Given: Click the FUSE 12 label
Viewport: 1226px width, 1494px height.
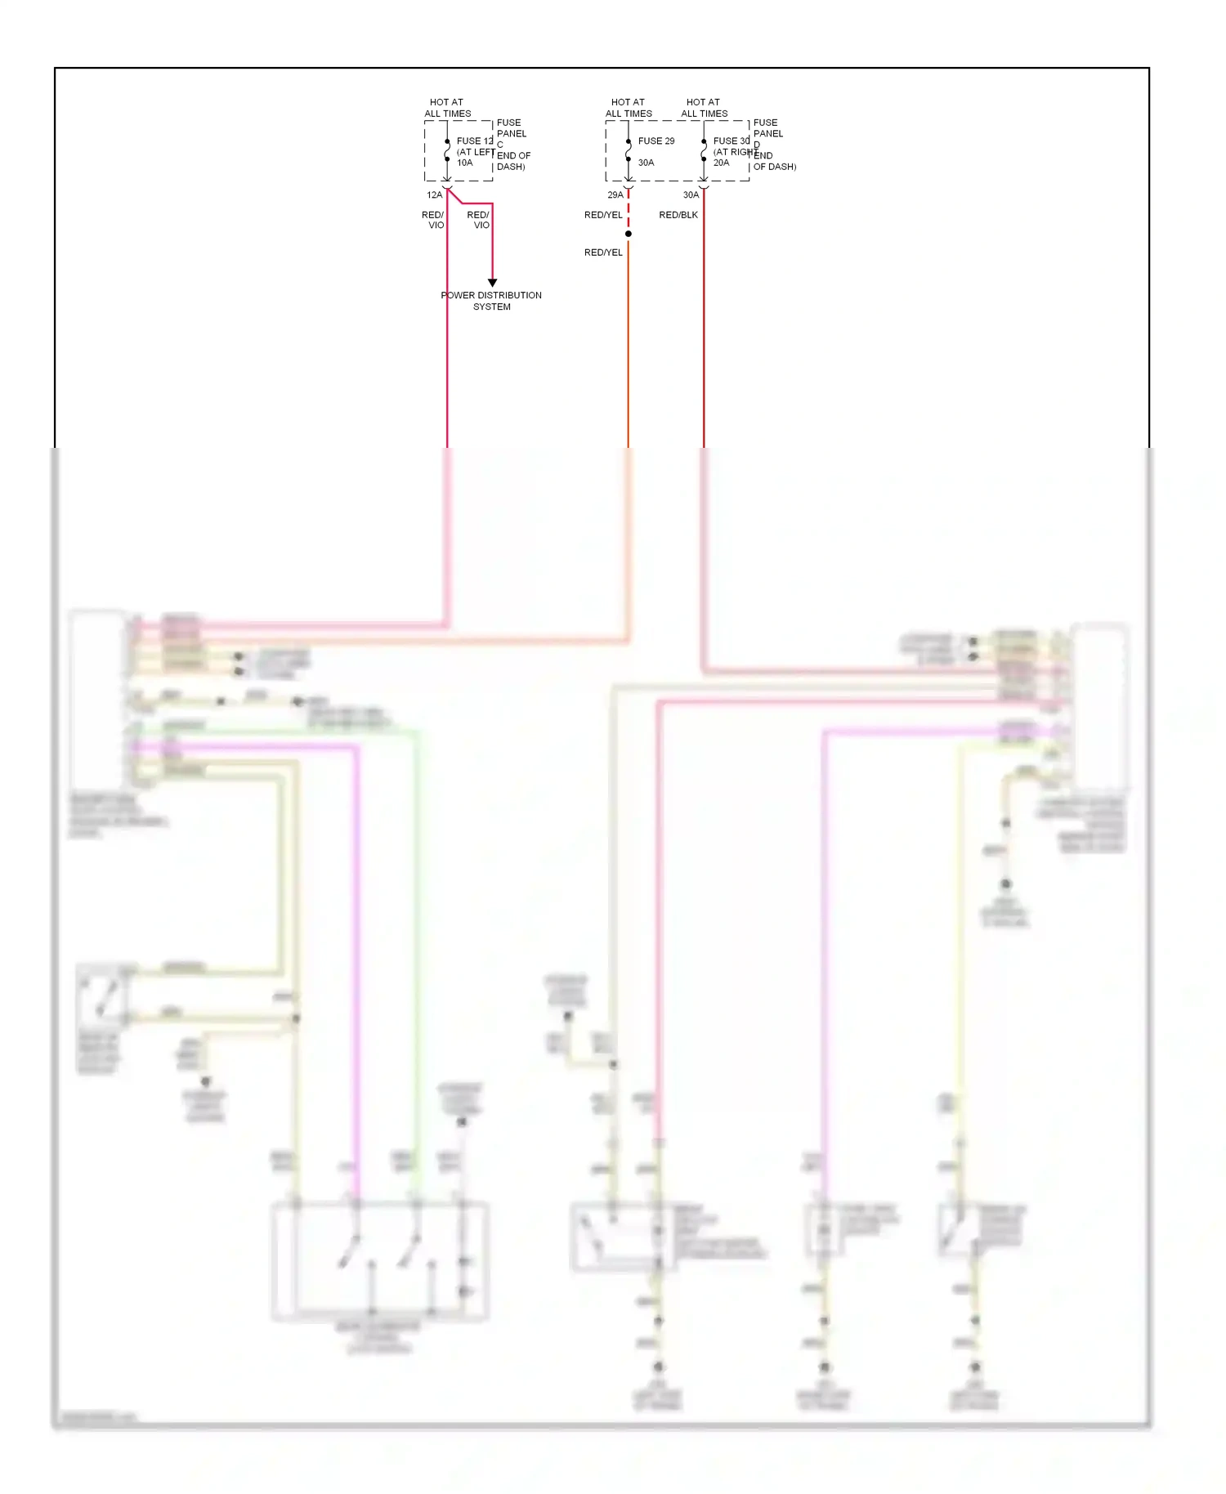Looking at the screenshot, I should click(x=474, y=141).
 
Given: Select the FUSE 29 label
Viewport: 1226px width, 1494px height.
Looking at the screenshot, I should click(x=656, y=141).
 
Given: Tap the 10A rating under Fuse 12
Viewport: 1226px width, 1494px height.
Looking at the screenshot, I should click(x=464, y=163).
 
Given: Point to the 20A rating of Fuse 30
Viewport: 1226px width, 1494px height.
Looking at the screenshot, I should click(x=721, y=163).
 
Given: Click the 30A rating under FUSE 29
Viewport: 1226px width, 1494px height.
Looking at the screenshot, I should click(x=646, y=163).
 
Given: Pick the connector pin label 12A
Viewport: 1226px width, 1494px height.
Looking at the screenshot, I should click(x=434, y=195).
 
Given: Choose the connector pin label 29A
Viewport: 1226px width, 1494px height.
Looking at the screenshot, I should click(x=615, y=195).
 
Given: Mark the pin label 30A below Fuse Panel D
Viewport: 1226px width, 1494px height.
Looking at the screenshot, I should click(x=691, y=195).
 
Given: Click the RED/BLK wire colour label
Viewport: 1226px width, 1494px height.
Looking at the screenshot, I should click(x=678, y=215).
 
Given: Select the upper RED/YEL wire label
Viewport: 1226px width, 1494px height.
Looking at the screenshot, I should click(x=603, y=215).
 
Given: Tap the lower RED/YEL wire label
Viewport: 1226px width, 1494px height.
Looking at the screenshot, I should click(x=603, y=253).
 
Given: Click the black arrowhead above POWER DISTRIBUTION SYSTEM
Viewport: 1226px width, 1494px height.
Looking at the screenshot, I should click(x=492, y=283).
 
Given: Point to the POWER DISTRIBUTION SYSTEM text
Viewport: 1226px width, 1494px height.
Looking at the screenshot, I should click(x=491, y=301).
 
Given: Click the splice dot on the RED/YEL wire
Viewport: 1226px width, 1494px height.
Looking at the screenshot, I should click(x=628, y=234).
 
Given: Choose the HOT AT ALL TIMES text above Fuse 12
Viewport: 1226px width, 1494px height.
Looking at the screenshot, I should click(x=447, y=108).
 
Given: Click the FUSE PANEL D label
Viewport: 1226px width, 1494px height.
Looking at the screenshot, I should click(x=767, y=133).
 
